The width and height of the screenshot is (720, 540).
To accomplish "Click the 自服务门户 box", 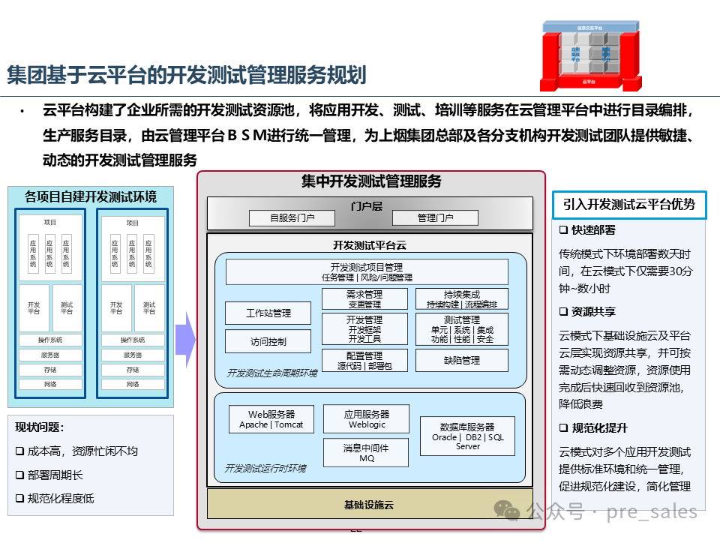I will pyautogui.click(x=292, y=217).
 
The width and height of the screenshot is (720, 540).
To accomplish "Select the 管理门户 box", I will pyautogui.click(x=435, y=217).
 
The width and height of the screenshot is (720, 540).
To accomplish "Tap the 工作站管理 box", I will pyautogui.click(x=268, y=313).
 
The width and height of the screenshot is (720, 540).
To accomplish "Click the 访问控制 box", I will pyautogui.click(x=268, y=341).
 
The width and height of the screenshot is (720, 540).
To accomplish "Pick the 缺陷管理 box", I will pyautogui.click(x=461, y=360).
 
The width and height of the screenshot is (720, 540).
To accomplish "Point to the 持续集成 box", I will pyautogui.click(x=461, y=299).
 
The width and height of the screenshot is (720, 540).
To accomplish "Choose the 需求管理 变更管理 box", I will pyautogui.click(x=364, y=299).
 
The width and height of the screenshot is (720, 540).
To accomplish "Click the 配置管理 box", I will pyautogui.click(x=364, y=360).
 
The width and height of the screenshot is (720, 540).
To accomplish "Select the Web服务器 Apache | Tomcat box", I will pyautogui.click(x=271, y=419).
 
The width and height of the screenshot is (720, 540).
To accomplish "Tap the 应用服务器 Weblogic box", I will pyautogui.click(x=367, y=419).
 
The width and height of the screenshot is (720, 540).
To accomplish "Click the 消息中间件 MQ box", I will pyautogui.click(x=367, y=452).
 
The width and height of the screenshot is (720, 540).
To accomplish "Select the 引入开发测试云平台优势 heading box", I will pyautogui.click(x=629, y=204).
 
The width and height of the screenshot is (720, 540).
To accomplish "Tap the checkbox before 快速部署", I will pyautogui.click(x=563, y=230).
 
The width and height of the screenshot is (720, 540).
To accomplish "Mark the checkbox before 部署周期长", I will pyautogui.click(x=19, y=475).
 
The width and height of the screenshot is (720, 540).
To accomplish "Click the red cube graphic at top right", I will pyautogui.click(x=592, y=54).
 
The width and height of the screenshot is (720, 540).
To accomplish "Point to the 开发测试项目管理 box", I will pyautogui.click(x=367, y=271).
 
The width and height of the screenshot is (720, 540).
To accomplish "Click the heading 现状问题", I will pyautogui.click(x=39, y=427).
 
